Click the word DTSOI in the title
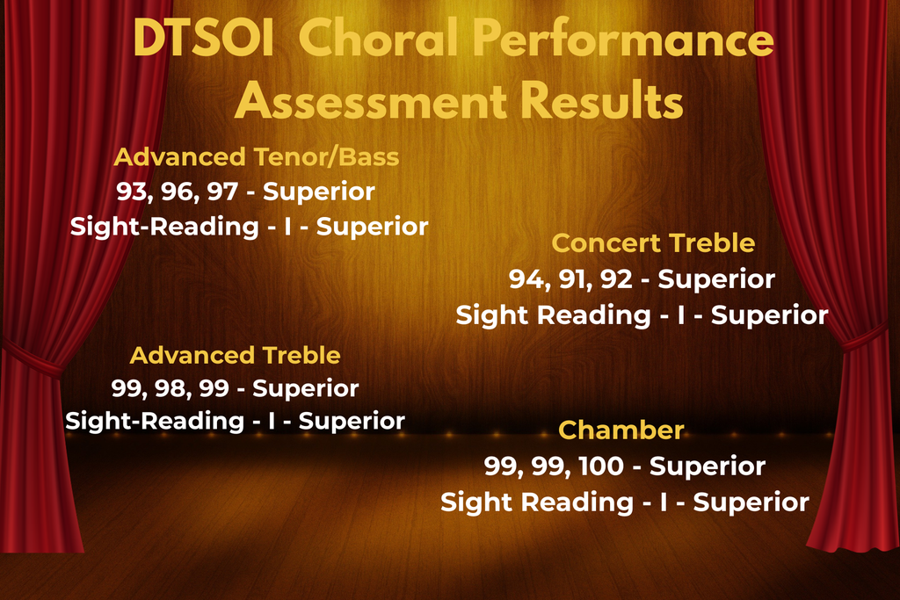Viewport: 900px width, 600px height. [x=203, y=39]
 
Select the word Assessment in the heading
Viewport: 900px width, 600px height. [x=371, y=101]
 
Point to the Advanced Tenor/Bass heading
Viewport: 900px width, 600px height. [x=257, y=156]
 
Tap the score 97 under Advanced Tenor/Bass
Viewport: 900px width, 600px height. [x=222, y=192]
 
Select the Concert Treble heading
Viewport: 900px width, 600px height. [x=653, y=243]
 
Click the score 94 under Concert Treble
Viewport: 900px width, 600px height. [x=525, y=279]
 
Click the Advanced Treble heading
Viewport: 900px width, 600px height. [x=236, y=355]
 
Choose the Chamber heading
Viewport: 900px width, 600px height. [x=621, y=430]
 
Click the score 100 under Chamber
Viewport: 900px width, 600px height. [x=601, y=466]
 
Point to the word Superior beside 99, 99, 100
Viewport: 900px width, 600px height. [x=708, y=467]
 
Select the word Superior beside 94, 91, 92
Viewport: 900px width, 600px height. [x=716, y=280]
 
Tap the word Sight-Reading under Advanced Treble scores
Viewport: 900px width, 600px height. [x=155, y=422]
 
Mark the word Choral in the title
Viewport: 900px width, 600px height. [x=380, y=39]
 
